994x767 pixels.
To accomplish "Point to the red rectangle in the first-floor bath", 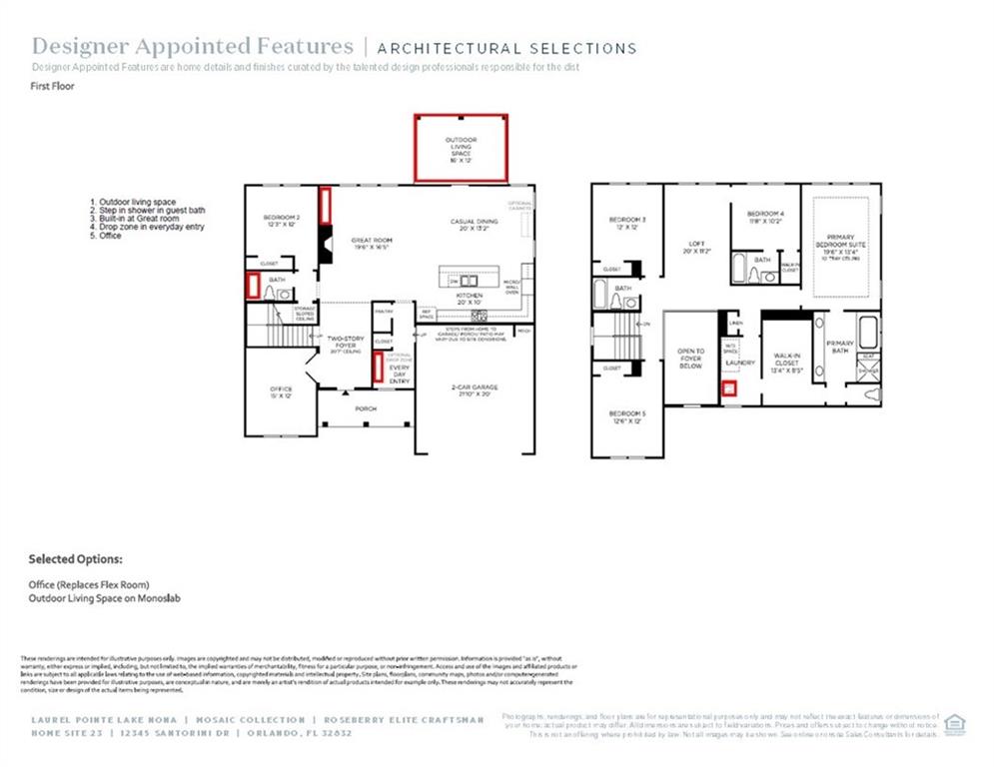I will coord(253,287).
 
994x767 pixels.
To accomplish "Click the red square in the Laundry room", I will coord(729,388).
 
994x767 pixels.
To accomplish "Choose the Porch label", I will coord(366,408).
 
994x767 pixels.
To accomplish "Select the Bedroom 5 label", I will coord(628,416).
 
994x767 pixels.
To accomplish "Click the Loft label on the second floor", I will coord(697,247).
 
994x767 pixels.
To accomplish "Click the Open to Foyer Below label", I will coord(690,359).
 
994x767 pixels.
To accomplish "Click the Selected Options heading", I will coord(75,559).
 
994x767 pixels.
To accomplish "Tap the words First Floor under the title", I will coord(53,87).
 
